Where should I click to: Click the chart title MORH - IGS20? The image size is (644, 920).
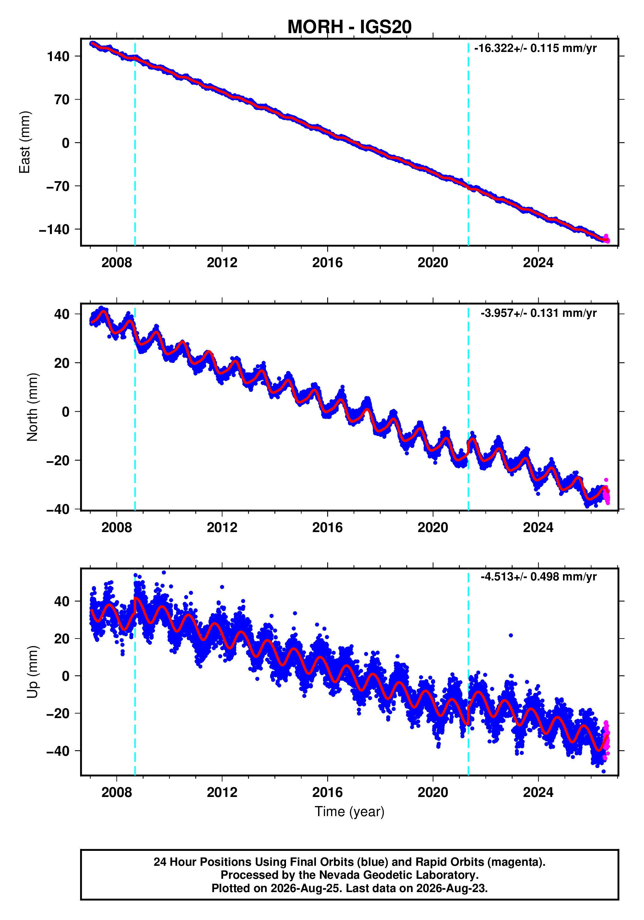tap(350, 27)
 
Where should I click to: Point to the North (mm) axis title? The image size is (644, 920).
tap(32, 407)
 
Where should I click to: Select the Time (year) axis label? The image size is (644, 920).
tap(350, 811)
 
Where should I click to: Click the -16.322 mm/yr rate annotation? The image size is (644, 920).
tap(535, 48)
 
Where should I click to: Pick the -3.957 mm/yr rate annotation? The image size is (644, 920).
tap(538, 313)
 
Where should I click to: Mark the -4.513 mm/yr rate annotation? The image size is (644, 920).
tap(538, 577)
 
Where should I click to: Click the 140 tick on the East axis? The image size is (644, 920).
tap(58, 56)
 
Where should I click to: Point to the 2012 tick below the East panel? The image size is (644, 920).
tap(222, 263)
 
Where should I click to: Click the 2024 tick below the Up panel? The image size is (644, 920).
tap(538, 792)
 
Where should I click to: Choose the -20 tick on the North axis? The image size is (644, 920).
tap(58, 460)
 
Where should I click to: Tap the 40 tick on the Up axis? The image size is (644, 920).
tap(62, 601)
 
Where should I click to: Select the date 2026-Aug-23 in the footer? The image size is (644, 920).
tap(452, 888)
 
